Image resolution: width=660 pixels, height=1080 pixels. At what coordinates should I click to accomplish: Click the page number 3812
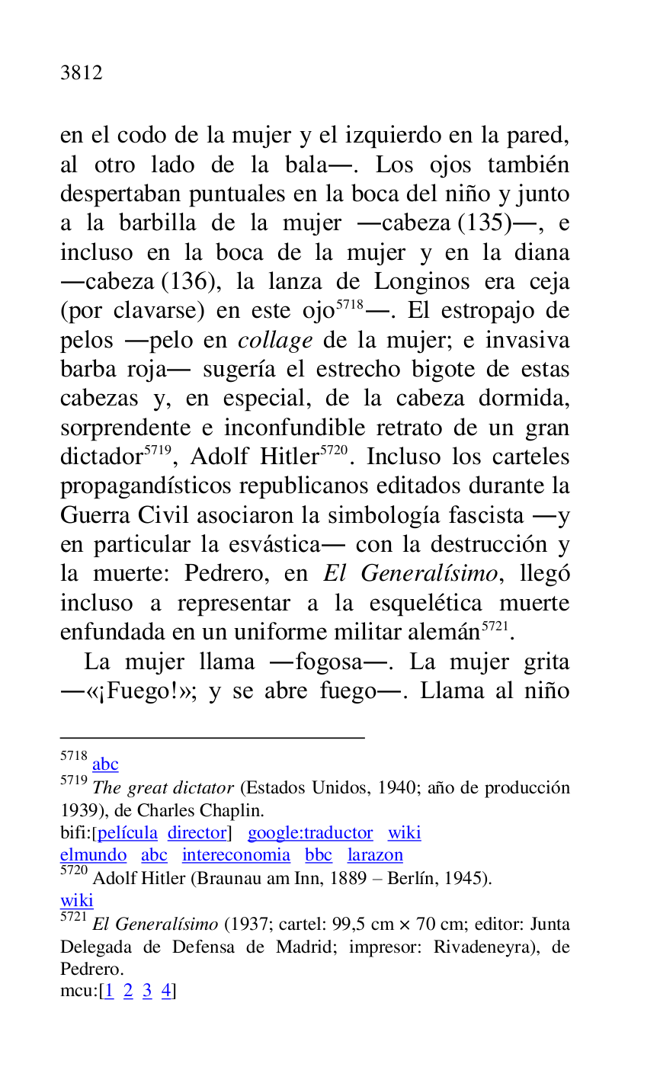81,73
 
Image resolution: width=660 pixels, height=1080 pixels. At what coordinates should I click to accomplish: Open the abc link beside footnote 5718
105,764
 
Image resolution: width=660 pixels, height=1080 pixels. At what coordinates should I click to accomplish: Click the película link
127,833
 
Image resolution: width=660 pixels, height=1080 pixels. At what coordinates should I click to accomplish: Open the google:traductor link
310,833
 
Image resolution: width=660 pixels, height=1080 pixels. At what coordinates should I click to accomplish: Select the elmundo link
93,855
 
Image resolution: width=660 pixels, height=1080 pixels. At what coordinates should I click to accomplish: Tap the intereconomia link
236,855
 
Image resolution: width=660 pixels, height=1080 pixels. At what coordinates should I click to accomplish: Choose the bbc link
319,855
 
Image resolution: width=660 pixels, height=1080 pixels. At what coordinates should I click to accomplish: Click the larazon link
375,855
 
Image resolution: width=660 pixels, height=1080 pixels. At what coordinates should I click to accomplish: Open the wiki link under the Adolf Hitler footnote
76,901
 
